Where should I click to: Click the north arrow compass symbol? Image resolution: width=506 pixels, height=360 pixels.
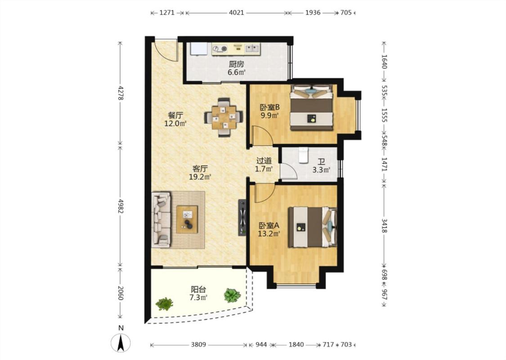(x=121, y=343)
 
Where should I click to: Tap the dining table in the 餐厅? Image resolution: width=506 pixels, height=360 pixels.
(x=224, y=117)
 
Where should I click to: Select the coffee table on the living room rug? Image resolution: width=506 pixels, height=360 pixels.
(x=187, y=219)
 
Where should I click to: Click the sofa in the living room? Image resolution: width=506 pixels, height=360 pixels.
(x=161, y=220)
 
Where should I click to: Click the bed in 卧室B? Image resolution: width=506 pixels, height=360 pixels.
(x=312, y=107)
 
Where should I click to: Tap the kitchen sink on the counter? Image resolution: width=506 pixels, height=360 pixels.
(x=252, y=49)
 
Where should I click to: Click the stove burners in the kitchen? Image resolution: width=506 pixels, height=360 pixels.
(x=220, y=49)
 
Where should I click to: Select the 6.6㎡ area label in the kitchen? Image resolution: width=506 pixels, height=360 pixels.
(x=237, y=72)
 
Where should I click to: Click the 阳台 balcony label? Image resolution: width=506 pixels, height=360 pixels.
(x=198, y=290)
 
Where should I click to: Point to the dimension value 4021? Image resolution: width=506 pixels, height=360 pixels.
(x=236, y=13)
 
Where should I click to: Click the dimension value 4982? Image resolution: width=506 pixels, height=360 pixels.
(x=121, y=206)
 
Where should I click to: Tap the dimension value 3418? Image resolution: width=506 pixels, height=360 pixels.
(x=384, y=225)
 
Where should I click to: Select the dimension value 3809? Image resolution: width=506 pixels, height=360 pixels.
(x=198, y=345)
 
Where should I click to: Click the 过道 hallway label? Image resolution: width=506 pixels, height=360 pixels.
(x=264, y=161)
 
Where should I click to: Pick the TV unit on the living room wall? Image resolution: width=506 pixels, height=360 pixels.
(x=242, y=218)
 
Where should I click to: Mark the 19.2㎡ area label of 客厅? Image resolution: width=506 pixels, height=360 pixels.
(x=200, y=176)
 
